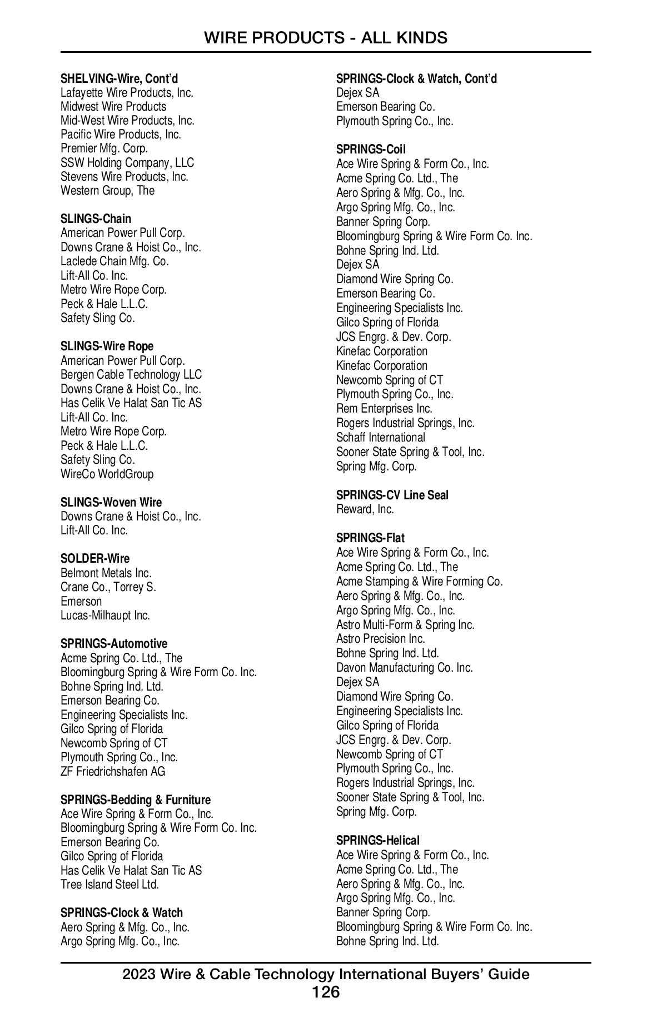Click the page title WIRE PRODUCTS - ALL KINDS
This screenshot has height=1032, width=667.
pyautogui.click(x=325, y=38)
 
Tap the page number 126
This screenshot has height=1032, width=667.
pyautogui.click(x=325, y=993)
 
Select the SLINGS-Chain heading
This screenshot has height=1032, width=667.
pyautogui.click(x=96, y=219)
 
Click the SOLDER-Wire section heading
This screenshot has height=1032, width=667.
pyautogui.click(x=94, y=558)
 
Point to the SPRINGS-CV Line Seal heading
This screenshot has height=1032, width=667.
pyautogui.click(x=392, y=495)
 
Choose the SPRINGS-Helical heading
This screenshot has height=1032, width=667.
pyautogui.click(x=377, y=840)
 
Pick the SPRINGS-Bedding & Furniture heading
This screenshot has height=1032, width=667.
pyautogui.click(x=136, y=800)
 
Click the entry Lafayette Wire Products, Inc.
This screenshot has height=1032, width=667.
pyautogui.click(x=127, y=93)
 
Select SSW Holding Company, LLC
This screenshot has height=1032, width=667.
pyautogui.click(x=127, y=162)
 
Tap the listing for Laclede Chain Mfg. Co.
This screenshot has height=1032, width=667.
pyautogui.click(x=115, y=261)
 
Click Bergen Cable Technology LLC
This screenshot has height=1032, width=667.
pyautogui.click(x=131, y=375)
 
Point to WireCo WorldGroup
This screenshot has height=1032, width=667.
pyautogui.click(x=107, y=474)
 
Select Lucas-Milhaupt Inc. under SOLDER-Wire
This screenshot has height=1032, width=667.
pyautogui.click(x=105, y=616)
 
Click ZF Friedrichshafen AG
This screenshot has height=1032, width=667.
pyautogui.click(x=113, y=771)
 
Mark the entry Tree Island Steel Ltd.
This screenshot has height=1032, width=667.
pyautogui.click(x=109, y=884)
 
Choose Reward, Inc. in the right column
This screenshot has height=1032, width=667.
pyautogui.click(x=365, y=509)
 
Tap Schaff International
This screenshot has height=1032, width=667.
pyautogui.click(x=380, y=437)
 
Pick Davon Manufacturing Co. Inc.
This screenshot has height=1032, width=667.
pyautogui.click(x=404, y=667)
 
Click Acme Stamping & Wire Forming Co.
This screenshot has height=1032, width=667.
pyautogui.click(x=419, y=581)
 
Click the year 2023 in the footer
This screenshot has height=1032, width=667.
pyautogui.click(x=139, y=974)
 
